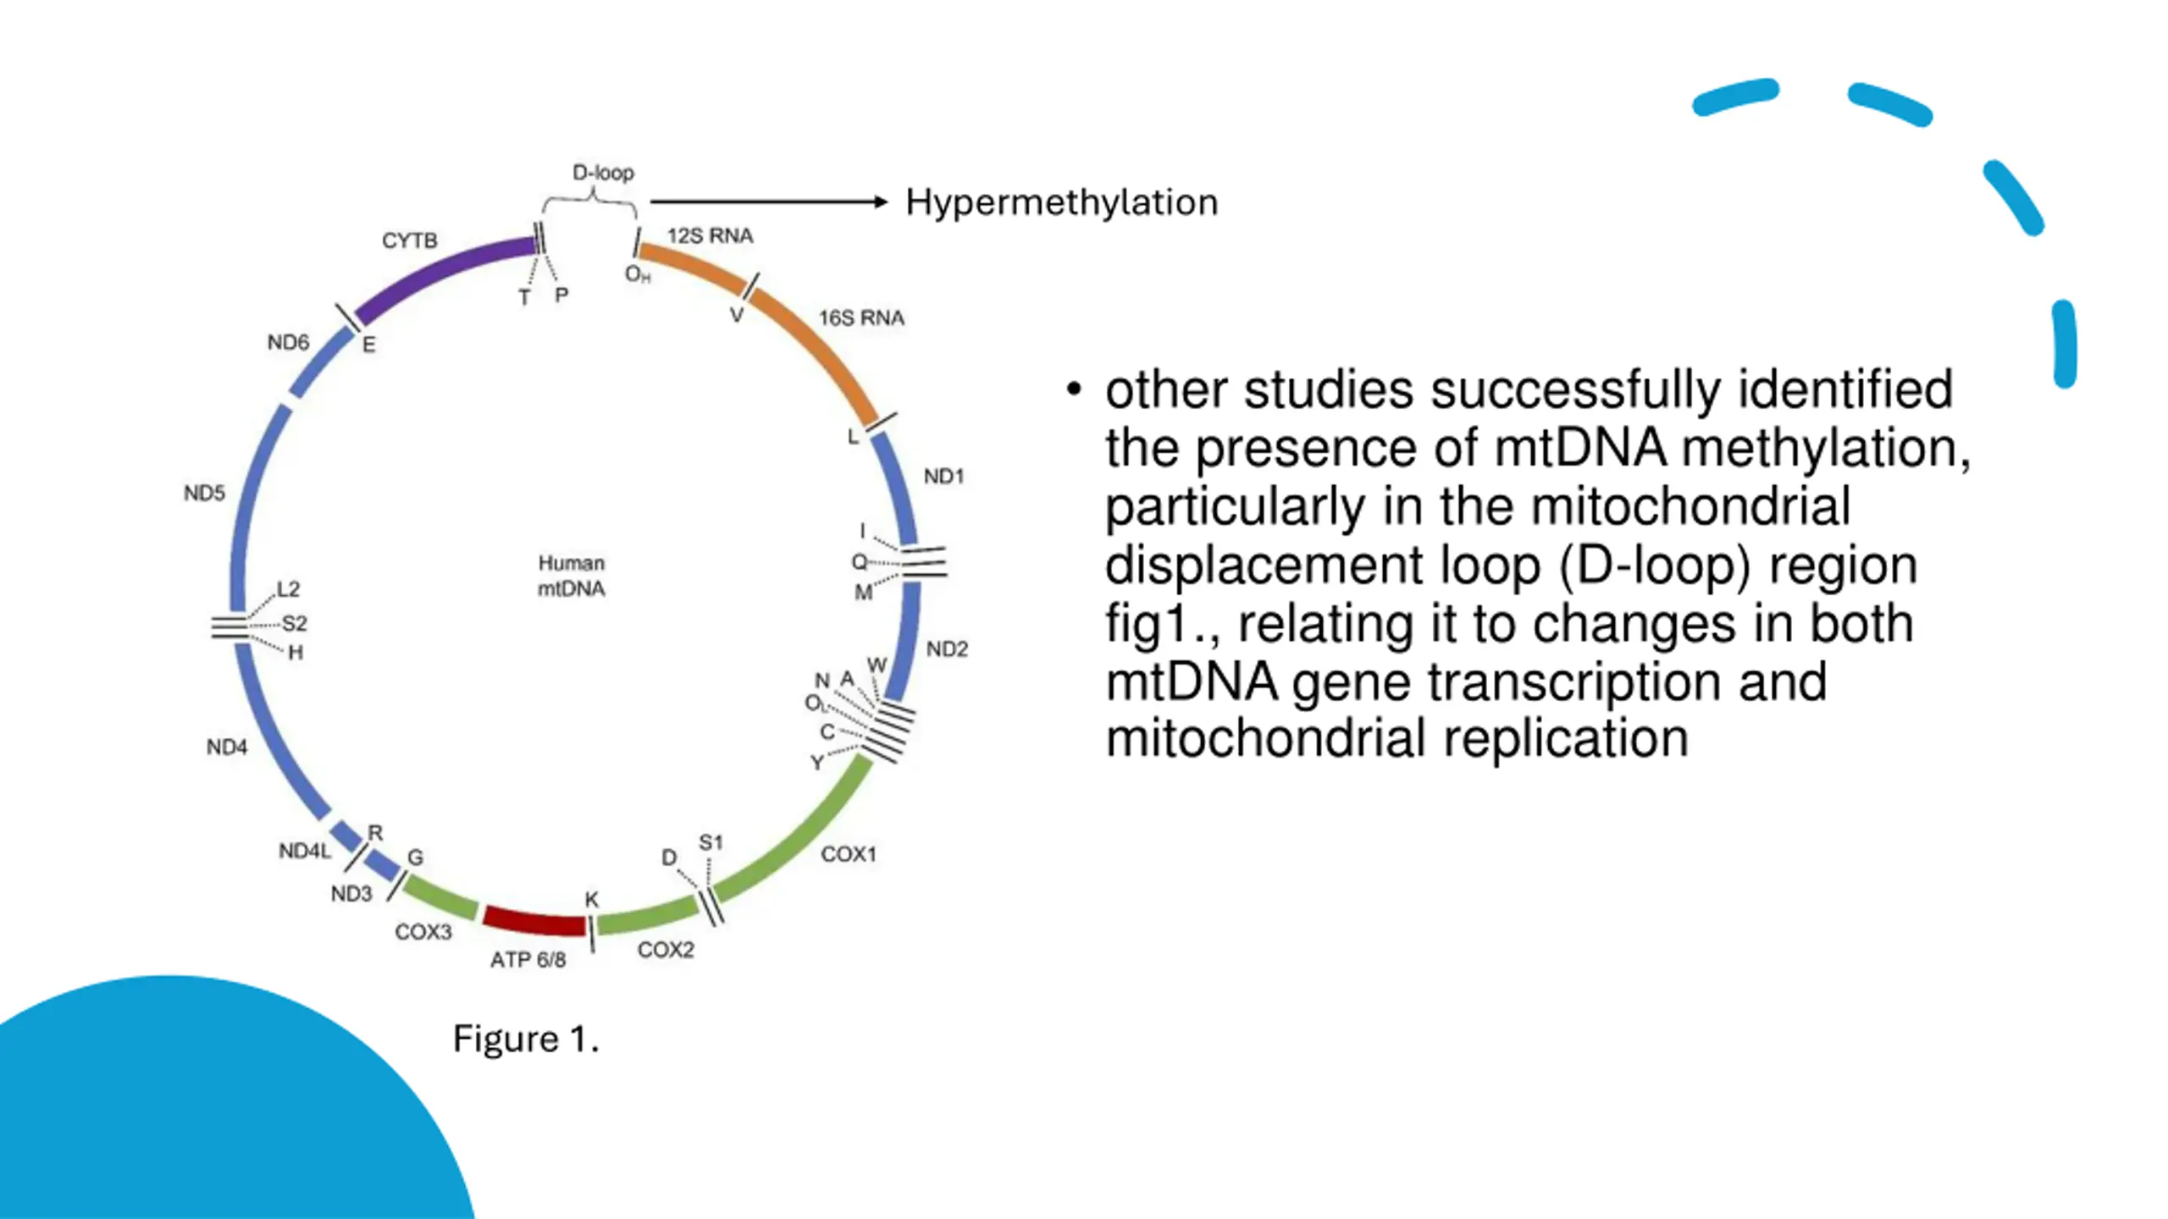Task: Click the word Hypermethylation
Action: coord(1061,203)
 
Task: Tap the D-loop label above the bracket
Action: coord(603,173)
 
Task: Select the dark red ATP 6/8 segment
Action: coord(534,921)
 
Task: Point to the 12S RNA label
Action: coord(710,235)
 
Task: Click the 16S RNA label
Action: coord(861,317)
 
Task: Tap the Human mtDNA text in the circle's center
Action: coord(572,576)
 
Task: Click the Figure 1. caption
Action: coord(526,1039)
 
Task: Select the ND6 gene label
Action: coord(288,342)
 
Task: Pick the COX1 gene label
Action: coord(849,854)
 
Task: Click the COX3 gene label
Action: coord(423,932)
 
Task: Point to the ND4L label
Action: coord(305,851)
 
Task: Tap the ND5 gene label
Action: coord(205,493)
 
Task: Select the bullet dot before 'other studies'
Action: coord(1075,389)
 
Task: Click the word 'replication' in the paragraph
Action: coord(1566,738)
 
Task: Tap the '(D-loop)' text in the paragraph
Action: coord(1654,565)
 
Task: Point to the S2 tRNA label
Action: coord(294,624)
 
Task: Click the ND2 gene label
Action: coord(947,649)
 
